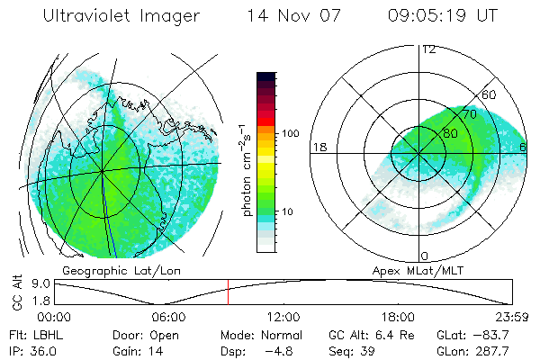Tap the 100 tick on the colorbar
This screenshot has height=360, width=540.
[291, 133]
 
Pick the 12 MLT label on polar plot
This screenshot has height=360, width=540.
[428, 49]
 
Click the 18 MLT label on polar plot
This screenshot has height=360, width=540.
[319, 147]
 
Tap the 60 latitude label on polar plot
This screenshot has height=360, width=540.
[490, 95]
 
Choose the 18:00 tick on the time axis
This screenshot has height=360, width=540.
[399, 316]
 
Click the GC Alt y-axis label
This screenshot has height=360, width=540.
[15, 292]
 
